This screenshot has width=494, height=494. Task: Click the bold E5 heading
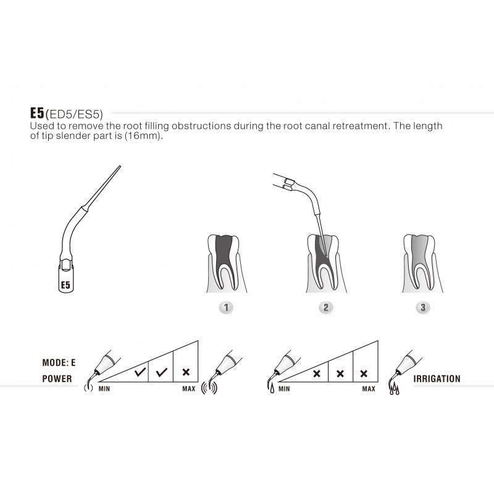(36, 114)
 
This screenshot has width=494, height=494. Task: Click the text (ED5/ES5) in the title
(73, 114)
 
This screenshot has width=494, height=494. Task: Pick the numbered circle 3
(423, 306)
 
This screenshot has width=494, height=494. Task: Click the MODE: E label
(59, 362)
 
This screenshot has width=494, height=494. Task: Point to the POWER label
(57, 379)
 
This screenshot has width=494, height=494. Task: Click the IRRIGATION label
(437, 379)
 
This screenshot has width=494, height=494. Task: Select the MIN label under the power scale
(105, 390)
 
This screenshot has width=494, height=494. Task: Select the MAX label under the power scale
(188, 390)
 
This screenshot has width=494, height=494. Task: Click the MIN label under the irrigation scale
(284, 390)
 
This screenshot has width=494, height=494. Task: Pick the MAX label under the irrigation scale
(368, 390)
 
